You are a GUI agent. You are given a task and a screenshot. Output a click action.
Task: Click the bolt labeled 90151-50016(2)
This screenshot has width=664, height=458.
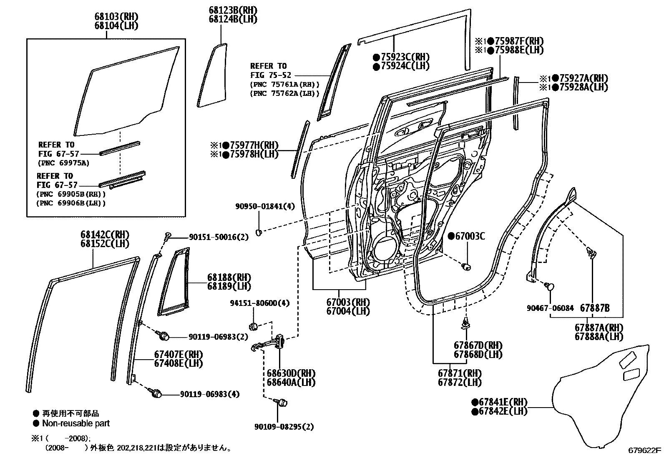(x=168, y=236)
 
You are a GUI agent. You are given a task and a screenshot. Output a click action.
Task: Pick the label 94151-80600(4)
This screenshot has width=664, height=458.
(x=260, y=303)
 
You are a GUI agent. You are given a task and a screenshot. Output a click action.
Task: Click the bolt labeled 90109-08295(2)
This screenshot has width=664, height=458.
(x=282, y=402)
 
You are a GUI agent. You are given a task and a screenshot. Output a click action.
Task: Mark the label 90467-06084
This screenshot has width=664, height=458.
(x=550, y=308)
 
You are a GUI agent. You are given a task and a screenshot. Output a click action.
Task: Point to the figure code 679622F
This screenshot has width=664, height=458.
(x=645, y=450)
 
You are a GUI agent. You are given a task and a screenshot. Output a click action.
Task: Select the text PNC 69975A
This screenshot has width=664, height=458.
(x=63, y=163)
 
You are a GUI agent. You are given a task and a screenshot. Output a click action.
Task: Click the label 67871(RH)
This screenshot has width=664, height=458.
(x=459, y=373)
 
